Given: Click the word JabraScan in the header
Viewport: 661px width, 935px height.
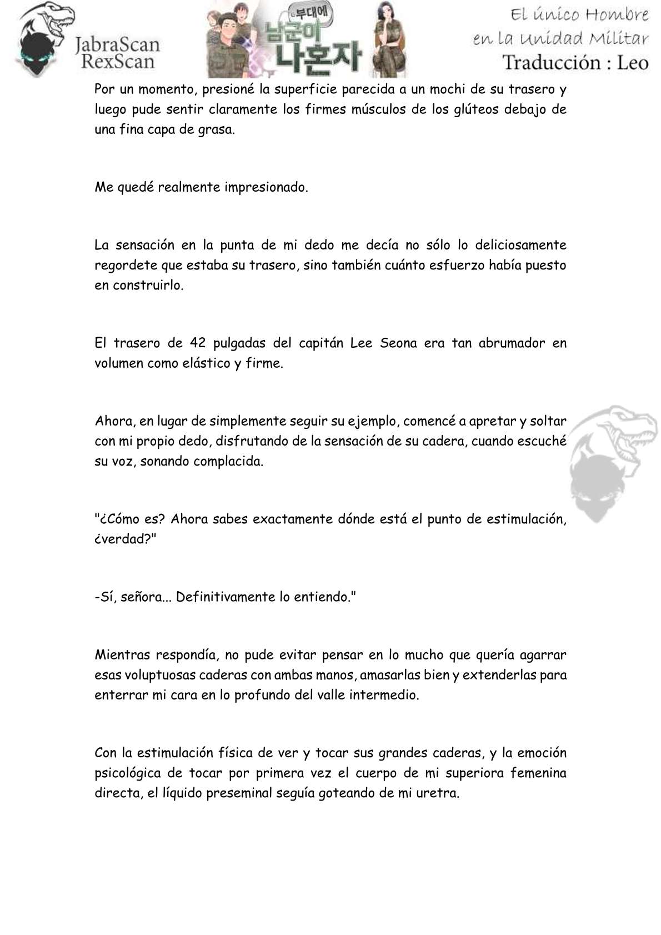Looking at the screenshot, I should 117,44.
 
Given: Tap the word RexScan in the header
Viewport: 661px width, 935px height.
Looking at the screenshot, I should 117,61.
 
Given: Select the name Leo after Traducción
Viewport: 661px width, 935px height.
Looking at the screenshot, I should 632,62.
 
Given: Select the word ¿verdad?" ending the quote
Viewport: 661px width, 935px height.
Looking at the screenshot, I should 125,539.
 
